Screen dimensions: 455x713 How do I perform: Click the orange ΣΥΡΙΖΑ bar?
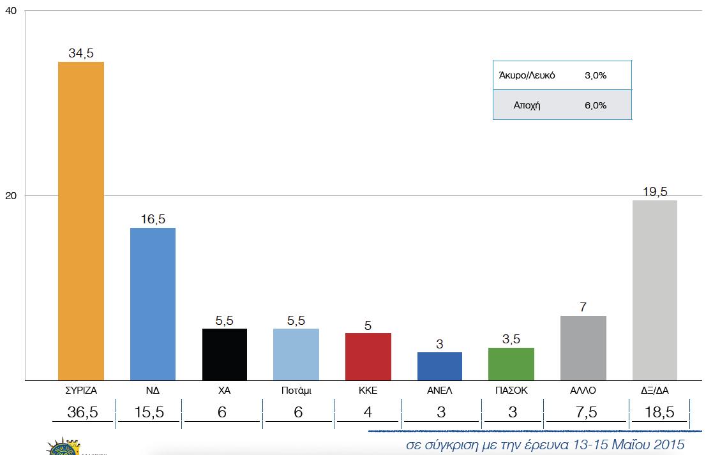pos(81,221)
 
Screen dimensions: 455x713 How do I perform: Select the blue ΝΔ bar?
pos(153,304)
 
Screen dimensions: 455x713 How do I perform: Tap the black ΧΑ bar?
pos(225,354)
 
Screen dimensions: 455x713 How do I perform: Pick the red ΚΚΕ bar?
pos(368,356)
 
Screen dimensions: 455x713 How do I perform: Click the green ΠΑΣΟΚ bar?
pos(511,364)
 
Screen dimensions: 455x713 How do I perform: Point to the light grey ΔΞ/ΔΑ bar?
pos(654,290)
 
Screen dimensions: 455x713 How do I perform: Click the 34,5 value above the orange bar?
pos(81,54)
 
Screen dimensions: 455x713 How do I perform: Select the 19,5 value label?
pos(654,192)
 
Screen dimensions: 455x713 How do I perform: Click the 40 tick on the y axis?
pos(10,12)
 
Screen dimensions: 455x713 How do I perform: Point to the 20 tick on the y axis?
pos(10,195)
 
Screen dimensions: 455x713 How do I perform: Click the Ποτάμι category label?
pos(296,390)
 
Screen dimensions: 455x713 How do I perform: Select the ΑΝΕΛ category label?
pos(439,390)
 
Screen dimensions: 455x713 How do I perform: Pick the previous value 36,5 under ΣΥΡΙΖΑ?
pos(82,412)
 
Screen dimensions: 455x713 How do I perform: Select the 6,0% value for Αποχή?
pos(595,105)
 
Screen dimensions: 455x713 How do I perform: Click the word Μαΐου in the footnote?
pos(626,444)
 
